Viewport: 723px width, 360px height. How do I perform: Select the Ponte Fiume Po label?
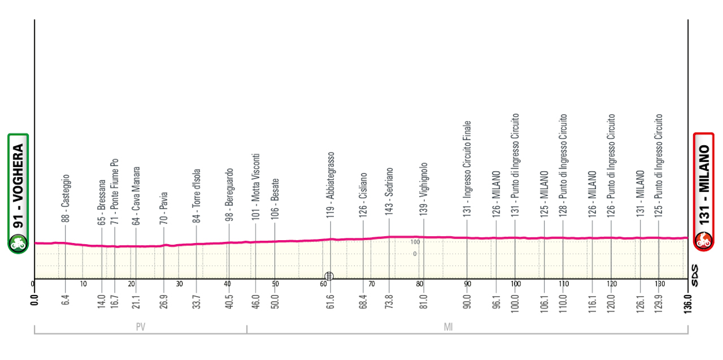coord(115,191)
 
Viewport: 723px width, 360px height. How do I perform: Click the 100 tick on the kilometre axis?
coord(516,284)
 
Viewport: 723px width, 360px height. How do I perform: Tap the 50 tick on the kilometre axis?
coord(275,284)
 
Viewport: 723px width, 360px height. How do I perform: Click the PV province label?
coord(140,327)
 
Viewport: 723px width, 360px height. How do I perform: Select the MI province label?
coord(448,327)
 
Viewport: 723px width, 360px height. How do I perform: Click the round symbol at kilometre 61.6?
coord(329,275)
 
